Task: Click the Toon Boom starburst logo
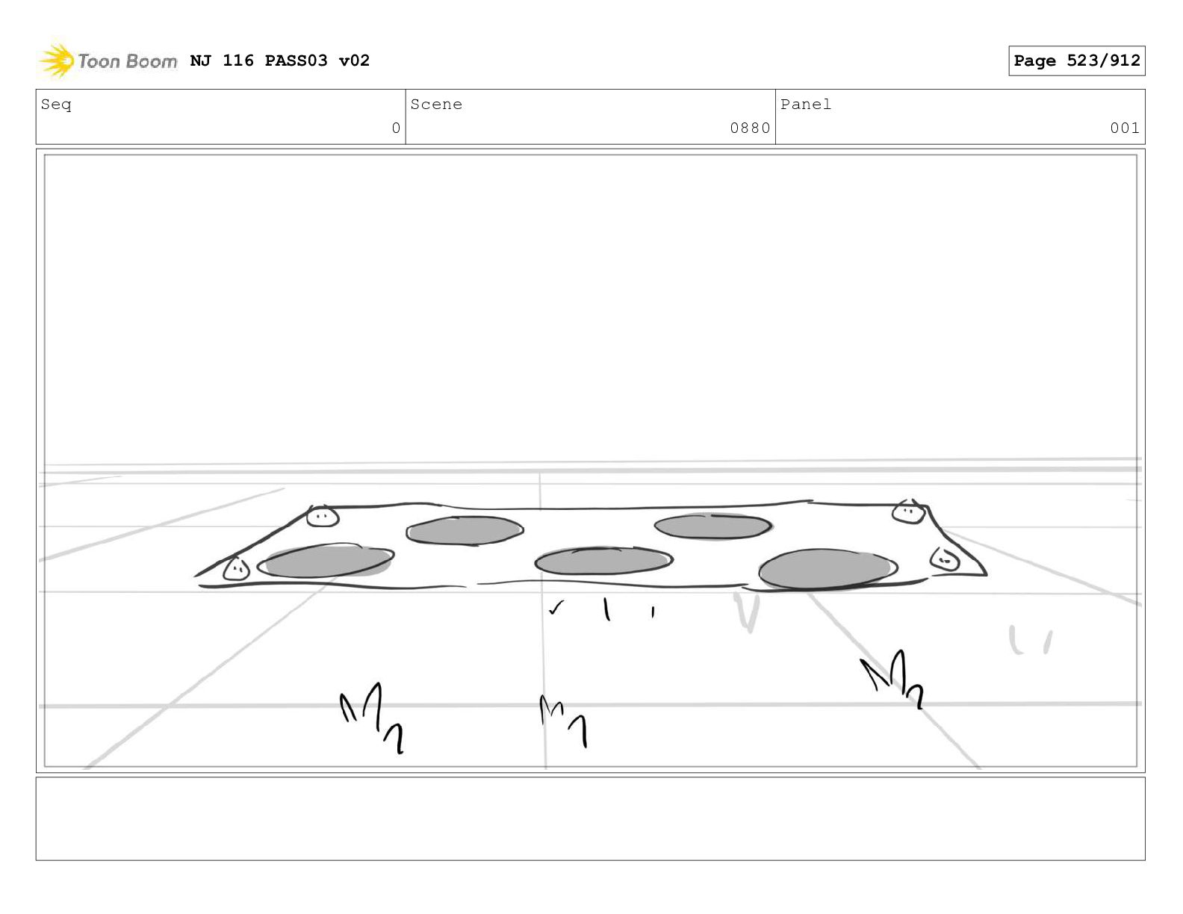57,60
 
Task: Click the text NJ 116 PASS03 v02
280,60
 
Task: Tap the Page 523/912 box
1076,60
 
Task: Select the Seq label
56,105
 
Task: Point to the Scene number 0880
750,128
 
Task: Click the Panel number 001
1124,128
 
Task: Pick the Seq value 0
396,128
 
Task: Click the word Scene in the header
436,105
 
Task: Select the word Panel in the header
806,105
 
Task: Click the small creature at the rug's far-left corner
236,569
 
